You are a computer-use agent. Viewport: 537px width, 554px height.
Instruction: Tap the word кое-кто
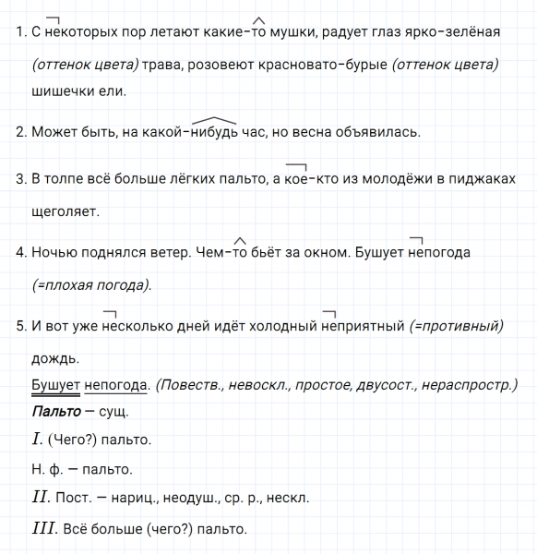307,179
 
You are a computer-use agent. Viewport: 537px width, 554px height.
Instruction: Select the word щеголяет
66,211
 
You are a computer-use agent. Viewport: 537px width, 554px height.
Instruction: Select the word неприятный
362,325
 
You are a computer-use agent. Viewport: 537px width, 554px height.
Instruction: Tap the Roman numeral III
42,528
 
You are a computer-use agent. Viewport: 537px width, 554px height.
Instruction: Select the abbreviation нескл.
287,498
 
